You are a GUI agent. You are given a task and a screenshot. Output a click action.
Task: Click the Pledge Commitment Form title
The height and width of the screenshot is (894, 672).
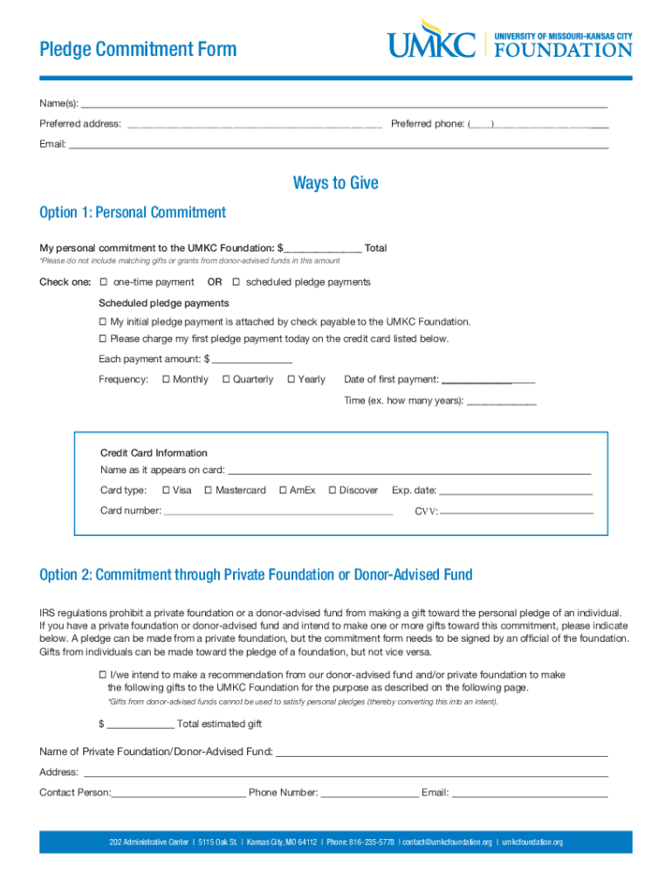tap(138, 49)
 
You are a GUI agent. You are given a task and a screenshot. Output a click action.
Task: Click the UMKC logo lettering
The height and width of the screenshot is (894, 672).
tap(432, 44)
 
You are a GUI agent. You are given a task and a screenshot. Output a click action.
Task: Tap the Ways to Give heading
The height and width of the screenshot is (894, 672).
tap(336, 182)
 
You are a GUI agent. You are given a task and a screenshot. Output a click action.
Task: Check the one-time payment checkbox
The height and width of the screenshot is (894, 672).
tap(103, 282)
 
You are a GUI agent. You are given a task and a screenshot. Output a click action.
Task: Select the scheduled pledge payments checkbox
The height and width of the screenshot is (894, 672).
tap(236, 282)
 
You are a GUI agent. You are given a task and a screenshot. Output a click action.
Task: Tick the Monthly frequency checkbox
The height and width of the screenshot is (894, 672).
tap(166, 379)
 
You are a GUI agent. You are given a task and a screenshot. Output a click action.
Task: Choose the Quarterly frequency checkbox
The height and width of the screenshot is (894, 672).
tap(226, 379)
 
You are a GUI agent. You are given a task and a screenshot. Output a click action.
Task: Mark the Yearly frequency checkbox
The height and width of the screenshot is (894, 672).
tap(291, 379)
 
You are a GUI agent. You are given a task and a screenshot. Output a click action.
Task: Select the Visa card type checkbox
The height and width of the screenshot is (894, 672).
tap(166, 490)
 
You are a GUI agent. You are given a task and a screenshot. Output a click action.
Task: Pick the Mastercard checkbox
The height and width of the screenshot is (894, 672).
tap(208, 490)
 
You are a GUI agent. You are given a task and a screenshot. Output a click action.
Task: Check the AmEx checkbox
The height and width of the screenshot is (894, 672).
tap(283, 490)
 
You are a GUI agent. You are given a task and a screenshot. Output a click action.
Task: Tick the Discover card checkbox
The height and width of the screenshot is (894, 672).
tap(333, 490)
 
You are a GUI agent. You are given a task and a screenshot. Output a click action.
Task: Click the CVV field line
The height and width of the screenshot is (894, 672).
tap(517, 511)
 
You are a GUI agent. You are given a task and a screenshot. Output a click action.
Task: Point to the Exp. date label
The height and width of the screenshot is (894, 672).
tap(414, 491)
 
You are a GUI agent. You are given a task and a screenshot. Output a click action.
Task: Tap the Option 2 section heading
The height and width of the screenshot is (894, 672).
tap(256, 574)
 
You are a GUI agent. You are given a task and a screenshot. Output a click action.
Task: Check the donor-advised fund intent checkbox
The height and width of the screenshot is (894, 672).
tap(102, 675)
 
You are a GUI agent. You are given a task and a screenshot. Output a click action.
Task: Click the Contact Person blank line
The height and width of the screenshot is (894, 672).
tap(178, 794)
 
